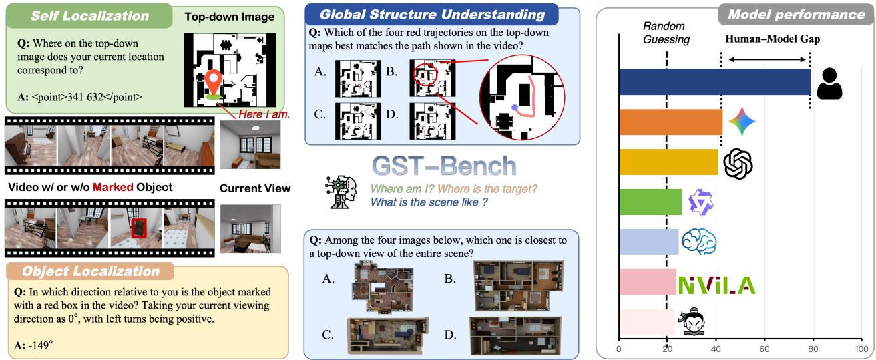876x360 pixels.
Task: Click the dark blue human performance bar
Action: [715, 81]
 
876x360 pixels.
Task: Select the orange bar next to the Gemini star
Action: [670, 122]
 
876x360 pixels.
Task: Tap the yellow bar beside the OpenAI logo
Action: [669, 162]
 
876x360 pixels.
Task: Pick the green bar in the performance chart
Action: [650, 202]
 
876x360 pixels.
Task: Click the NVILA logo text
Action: [716, 285]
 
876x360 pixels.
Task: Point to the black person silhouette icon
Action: [829, 83]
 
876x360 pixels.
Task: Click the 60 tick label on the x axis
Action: [764, 349]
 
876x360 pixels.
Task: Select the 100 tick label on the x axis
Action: [861, 349]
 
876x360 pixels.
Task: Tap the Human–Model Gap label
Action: [773, 39]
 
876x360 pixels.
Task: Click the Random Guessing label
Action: [666, 33]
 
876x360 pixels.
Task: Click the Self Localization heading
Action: [89, 15]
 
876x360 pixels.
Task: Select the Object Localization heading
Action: [91, 271]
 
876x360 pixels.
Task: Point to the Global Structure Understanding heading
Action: [432, 15]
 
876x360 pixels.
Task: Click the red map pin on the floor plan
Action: [213, 82]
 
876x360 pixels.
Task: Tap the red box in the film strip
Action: [139, 228]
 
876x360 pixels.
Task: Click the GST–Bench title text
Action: [444, 166]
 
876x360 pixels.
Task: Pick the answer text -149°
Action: [41, 345]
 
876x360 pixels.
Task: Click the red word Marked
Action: [113, 187]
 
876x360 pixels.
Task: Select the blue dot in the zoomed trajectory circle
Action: [515, 107]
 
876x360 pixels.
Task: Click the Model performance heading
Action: [797, 15]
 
